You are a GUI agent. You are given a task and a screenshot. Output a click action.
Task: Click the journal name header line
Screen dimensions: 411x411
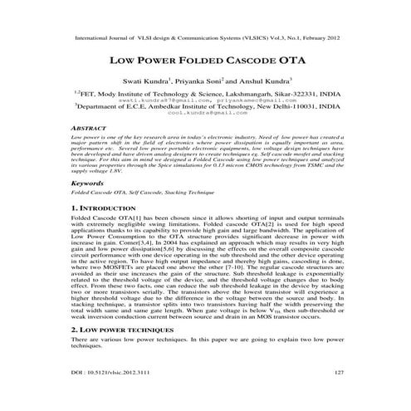(x=205, y=38)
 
